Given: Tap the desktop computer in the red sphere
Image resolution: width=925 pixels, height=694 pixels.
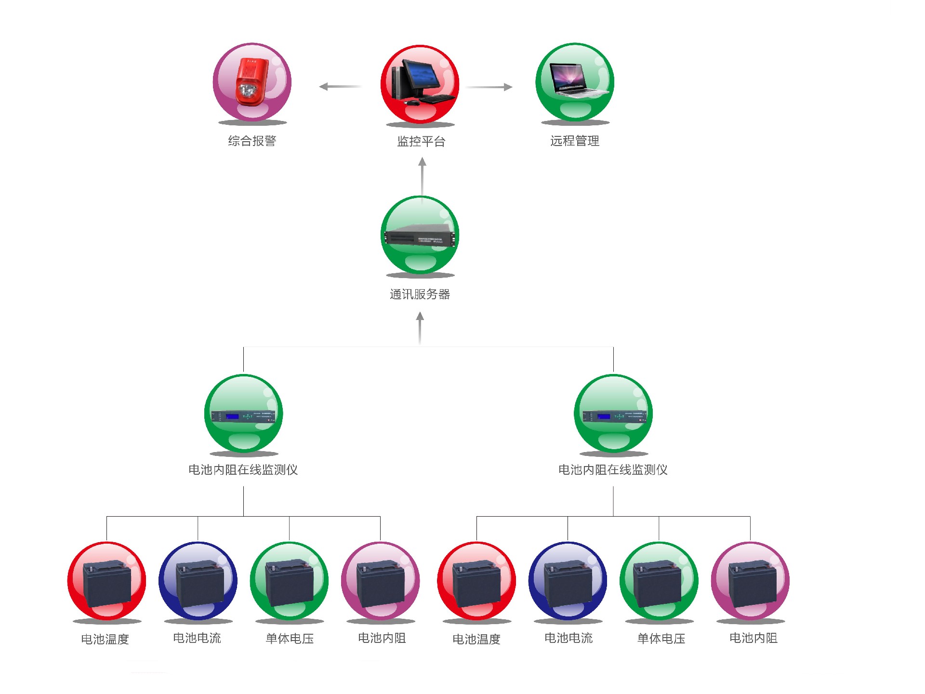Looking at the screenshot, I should point(420,83).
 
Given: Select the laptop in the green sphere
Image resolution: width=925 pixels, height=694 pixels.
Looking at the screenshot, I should point(575,80).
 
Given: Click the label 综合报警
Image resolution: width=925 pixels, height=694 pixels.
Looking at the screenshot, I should point(252,141).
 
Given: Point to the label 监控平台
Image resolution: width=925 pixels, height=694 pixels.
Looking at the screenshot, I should point(421,141).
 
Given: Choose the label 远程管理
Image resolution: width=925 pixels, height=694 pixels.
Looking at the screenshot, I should point(575,141).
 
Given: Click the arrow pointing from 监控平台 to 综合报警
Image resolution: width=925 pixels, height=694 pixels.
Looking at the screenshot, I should point(340,87).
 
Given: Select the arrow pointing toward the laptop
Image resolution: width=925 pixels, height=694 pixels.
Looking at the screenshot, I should point(489,87).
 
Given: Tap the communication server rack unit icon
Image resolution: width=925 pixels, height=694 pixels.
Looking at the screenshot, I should point(420,236).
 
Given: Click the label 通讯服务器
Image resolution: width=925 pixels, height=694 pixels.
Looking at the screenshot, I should point(420,294).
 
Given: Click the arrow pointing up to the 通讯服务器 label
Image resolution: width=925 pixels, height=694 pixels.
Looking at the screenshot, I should point(420,328).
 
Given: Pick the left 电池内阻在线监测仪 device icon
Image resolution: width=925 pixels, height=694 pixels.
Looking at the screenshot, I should point(243,415).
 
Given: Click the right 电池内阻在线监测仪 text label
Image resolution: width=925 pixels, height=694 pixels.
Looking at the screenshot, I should point(613,469).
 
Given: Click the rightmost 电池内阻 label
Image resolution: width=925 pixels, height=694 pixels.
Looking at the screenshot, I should point(753,638).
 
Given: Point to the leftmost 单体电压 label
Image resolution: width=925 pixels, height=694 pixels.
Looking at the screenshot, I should point(290,639).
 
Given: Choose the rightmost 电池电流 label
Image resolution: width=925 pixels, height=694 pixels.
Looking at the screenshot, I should point(568,638).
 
